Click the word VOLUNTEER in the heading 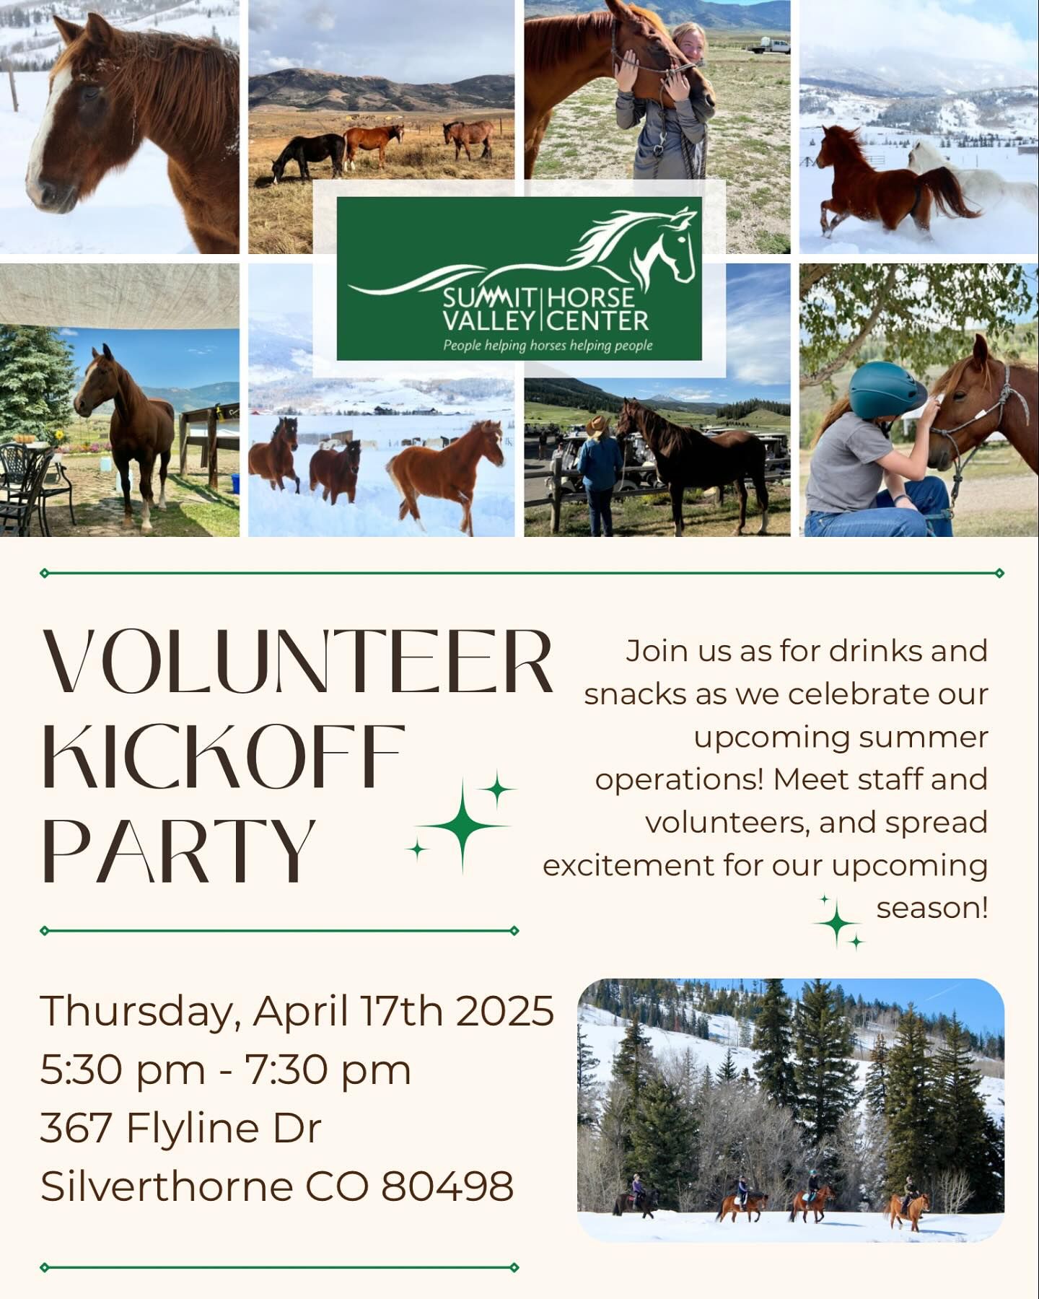pos(298,661)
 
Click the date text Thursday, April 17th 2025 pos(297,1011)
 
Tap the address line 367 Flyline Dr pos(180,1127)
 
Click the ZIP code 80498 pos(447,1186)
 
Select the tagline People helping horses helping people pos(548,346)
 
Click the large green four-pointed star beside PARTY pos(462,826)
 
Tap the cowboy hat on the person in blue pos(597,426)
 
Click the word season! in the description pos(931,908)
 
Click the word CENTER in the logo pos(598,320)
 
